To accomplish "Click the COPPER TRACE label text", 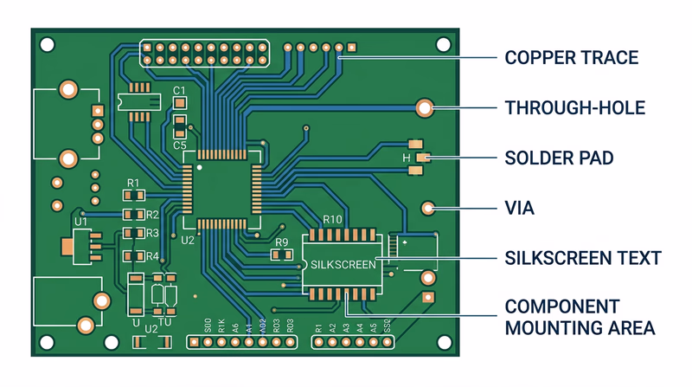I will click(x=572, y=58).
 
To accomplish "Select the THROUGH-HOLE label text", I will click(x=575, y=108).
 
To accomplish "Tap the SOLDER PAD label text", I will click(x=559, y=158).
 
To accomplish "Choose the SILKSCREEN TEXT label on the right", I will click(x=583, y=258).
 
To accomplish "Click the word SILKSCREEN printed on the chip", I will click(x=343, y=264).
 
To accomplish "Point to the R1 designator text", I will click(x=133, y=183).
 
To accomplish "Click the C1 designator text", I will click(x=180, y=91).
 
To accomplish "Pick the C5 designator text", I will click(x=180, y=145).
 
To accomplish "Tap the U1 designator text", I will click(x=81, y=223).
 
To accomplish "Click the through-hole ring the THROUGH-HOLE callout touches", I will click(x=424, y=108).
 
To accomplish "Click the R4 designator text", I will click(x=152, y=256).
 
